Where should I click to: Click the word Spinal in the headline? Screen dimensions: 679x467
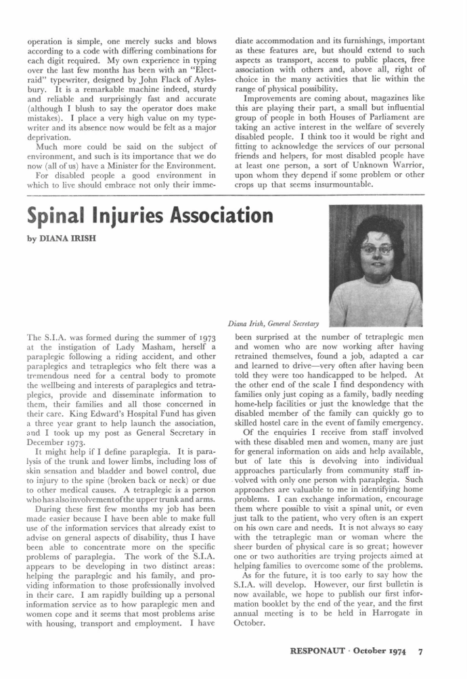pos(58,217)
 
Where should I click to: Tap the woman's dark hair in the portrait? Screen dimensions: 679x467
pos(376,223)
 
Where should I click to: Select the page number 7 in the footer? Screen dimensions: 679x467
pos(420,653)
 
